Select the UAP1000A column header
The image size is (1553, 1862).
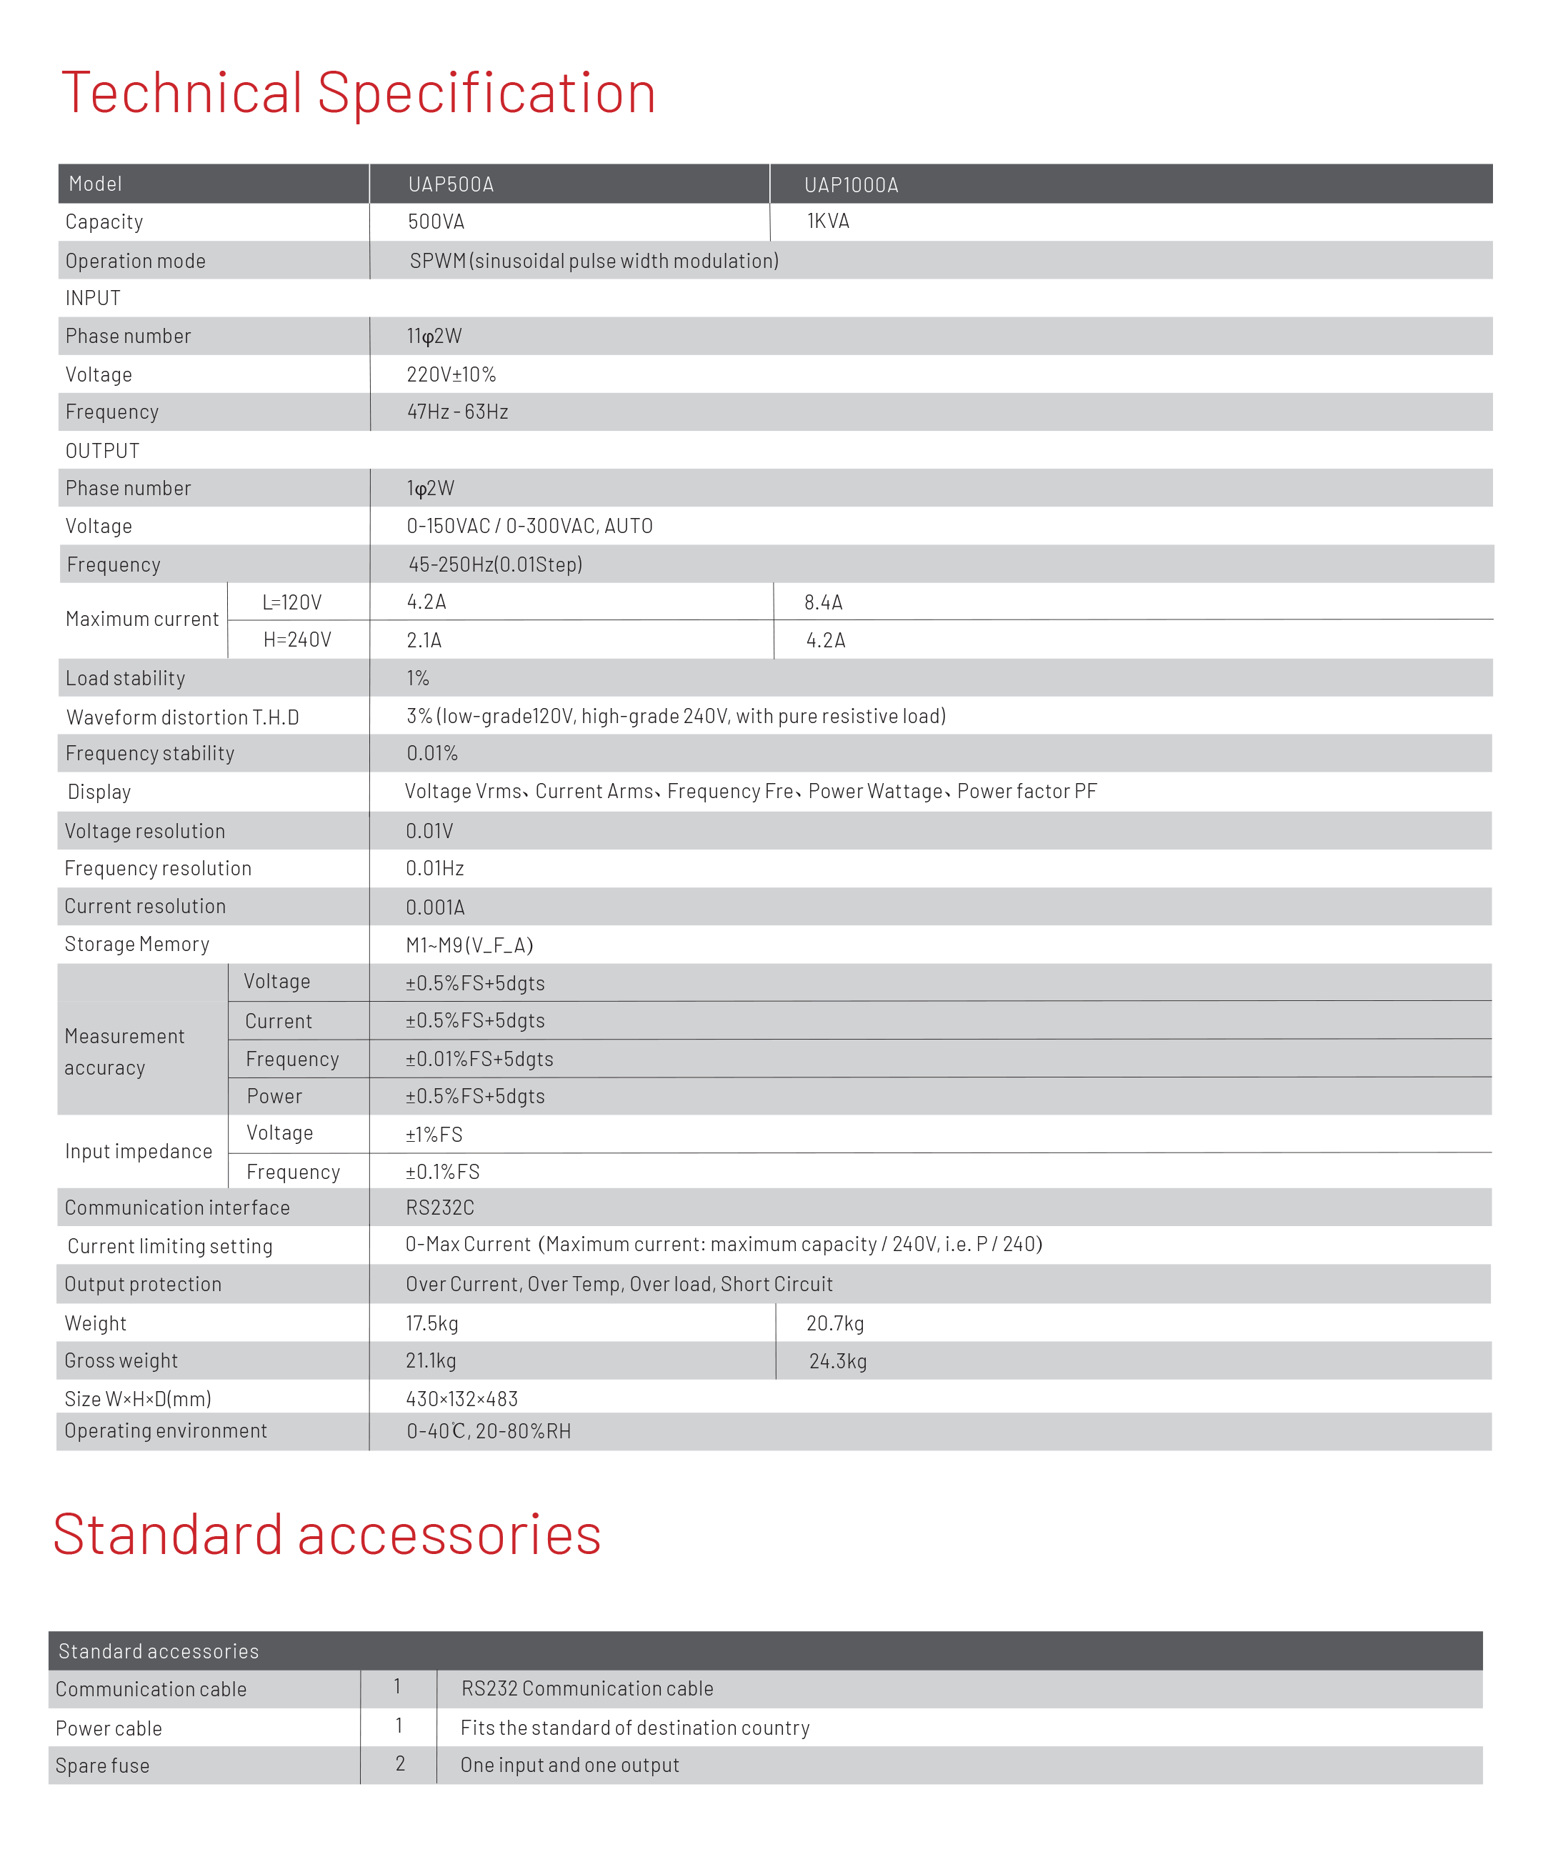coord(851,185)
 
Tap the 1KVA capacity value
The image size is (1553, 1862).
coord(828,221)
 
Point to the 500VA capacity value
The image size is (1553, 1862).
coord(436,221)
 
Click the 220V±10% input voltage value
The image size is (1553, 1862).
coord(451,375)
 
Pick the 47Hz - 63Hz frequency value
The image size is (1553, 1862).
coord(457,412)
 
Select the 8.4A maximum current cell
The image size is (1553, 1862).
coord(824,603)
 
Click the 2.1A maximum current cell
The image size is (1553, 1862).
coord(424,640)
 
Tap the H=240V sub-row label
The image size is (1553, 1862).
coord(297,640)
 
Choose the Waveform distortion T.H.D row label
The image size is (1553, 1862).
coord(183,717)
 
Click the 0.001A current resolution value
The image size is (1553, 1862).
coord(435,907)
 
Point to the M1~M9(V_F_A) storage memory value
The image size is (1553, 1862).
coord(469,945)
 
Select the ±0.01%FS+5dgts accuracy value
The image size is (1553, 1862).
coord(479,1059)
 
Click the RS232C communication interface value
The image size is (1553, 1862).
coord(439,1208)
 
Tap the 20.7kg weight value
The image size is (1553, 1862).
coord(835,1324)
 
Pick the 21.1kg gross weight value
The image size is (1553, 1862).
coord(431,1361)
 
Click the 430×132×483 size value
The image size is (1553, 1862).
coord(461,1399)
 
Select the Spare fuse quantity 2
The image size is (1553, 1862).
coord(400,1764)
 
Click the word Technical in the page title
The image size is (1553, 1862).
coord(181,92)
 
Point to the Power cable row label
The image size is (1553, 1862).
coord(108,1728)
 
